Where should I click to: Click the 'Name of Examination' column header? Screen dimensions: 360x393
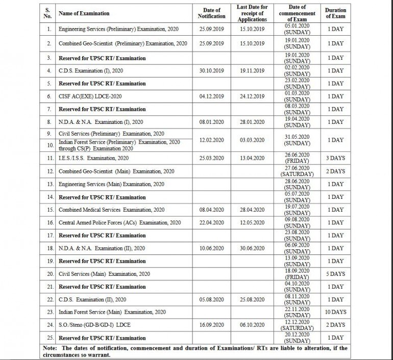pos(84,13)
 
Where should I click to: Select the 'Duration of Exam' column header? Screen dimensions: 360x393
pos(335,13)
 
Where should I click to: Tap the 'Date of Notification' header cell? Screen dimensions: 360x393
pos(211,13)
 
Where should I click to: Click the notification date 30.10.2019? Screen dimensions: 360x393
pos(211,71)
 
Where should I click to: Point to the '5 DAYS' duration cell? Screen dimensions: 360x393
pos(335,274)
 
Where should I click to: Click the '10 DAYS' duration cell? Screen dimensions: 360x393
pos(335,312)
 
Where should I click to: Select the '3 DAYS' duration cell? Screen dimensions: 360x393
pos(335,158)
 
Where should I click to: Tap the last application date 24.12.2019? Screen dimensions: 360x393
pos(252,96)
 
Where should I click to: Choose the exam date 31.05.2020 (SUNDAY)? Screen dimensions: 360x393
pos(297,139)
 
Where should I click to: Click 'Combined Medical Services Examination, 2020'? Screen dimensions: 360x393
pos(111,210)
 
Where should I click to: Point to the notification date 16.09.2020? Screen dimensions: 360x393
pos(211,325)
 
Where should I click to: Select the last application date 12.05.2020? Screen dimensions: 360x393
pos(252,222)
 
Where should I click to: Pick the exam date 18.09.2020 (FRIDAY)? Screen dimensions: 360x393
pos(297,274)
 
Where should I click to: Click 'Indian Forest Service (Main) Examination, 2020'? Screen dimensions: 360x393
pos(111,312)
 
